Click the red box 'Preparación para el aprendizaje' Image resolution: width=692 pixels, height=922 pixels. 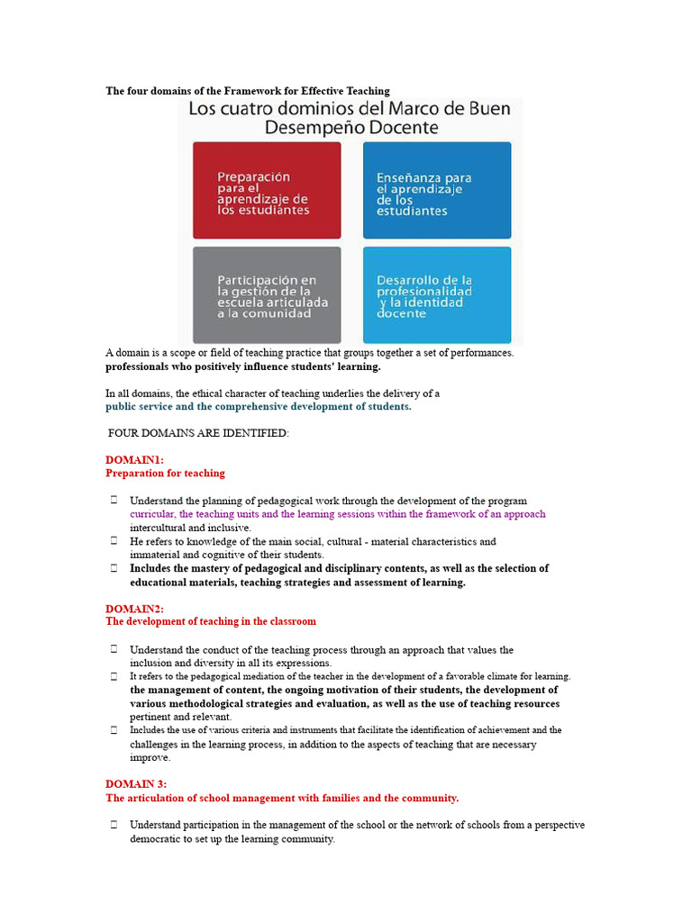tap(267, 190)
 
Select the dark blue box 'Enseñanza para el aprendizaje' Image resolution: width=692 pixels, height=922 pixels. tap(436, 190)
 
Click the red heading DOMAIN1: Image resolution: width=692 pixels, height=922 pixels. tap(134, 459)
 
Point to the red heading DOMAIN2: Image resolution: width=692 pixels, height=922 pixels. tap(134, 609)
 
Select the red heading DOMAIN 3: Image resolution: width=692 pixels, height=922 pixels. tap(136, 784)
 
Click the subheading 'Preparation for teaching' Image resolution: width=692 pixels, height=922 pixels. tap(165, 473)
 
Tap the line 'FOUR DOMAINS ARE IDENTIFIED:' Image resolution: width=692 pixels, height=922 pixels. tap(198, 434)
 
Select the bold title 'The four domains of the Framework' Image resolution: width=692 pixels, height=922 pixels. tap(248, 91)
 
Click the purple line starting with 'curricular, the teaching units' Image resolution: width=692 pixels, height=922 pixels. tap(337, 514)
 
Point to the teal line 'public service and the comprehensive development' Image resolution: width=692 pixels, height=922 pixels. tap(258, 406)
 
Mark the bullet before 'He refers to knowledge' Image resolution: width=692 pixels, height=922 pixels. tap(114, 541)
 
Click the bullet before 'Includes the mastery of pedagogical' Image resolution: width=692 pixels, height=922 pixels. tap(114, 568)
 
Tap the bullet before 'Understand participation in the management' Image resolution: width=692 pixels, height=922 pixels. tap(114, 825)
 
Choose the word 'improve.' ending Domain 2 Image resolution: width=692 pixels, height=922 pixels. tap(150, 757)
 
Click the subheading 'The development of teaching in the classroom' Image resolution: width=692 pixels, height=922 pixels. tap(211, 621)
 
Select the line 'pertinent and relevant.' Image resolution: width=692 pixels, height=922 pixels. tap(181, 717)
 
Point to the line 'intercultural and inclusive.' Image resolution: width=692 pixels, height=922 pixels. tap(190, 528)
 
